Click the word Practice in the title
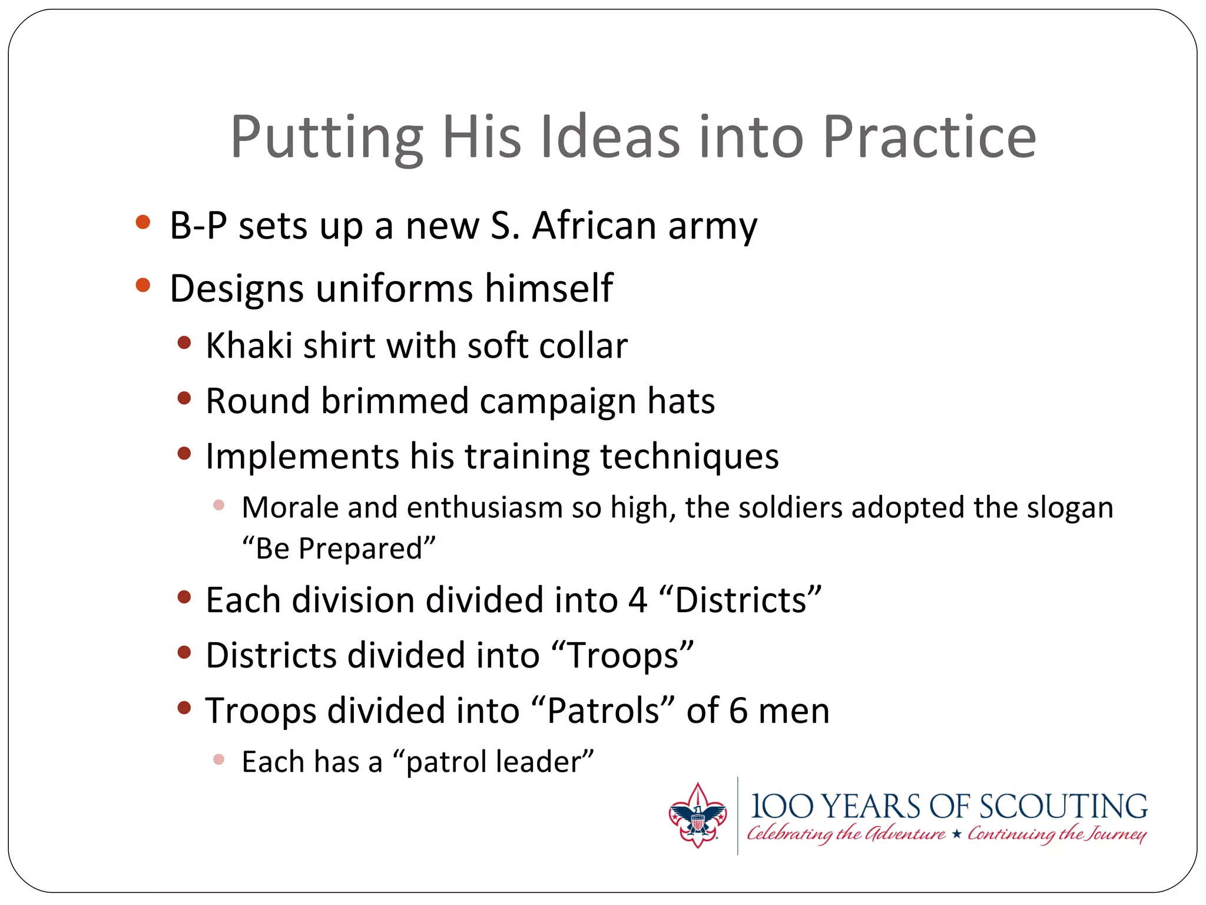929,137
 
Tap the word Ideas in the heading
610,137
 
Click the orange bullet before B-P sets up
143,223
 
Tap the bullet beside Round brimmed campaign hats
184,398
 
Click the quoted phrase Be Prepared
339,549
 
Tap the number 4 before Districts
638,600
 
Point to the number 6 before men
738,711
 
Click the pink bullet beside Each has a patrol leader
218,759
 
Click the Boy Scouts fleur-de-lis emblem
697,815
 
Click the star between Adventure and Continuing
956,834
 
